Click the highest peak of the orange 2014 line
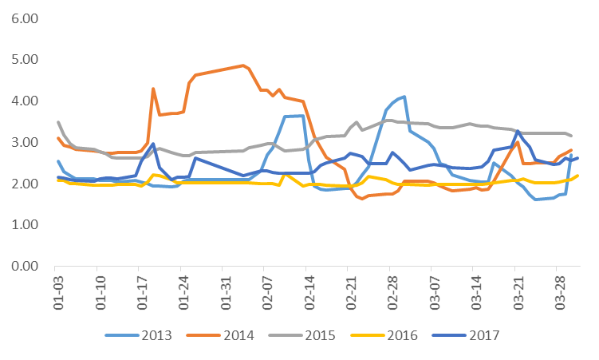click(242, 65)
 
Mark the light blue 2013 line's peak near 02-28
click(404, 97)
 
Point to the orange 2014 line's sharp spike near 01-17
click(152, 89)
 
